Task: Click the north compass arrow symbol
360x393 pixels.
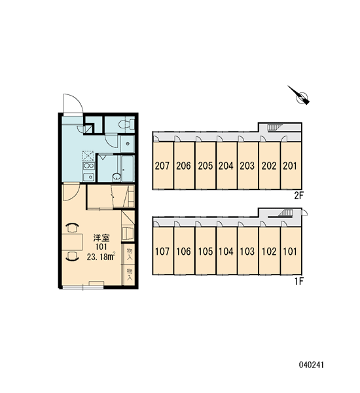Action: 300,96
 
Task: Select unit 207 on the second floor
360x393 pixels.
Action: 162,166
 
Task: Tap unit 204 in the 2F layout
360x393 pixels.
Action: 226,166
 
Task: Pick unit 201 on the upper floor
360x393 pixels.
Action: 290,166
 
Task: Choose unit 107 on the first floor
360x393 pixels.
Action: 162,251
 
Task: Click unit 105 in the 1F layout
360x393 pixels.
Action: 205,251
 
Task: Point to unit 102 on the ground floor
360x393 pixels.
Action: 269,251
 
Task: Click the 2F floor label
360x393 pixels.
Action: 298,196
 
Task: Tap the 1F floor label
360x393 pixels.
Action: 298,282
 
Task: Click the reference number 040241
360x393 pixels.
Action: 311,365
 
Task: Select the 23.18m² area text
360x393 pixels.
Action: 101,257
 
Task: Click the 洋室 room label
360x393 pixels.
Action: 101,238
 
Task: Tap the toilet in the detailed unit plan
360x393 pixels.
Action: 126,124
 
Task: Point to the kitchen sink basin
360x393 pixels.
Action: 88,177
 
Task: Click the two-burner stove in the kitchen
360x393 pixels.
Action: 88,166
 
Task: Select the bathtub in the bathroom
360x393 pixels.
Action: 128,168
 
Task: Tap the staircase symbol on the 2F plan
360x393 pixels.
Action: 274,127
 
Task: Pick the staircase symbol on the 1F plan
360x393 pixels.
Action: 285,213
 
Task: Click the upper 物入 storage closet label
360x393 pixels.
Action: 130,254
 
